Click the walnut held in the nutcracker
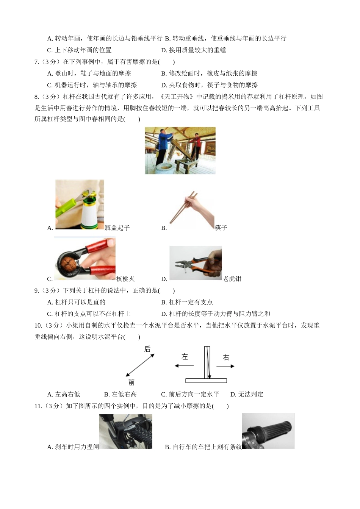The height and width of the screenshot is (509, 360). (x=68, y=264)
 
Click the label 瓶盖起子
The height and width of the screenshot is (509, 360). (x=117, y=228)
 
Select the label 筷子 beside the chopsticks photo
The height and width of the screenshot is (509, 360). (x=221, y=228)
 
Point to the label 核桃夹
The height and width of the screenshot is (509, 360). (x=125, y=279)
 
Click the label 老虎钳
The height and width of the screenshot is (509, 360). (x=232, y=279)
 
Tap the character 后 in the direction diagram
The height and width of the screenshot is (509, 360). (x=147, y=349)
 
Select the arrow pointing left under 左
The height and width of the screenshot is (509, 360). (x=184, y=366)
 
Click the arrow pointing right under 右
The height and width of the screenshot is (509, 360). (x=225, y=366)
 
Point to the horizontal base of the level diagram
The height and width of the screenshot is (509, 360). (x=206, y=381)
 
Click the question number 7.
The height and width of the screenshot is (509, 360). (x=37, y=62)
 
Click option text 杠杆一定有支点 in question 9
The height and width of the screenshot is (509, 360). (x=191, y=302)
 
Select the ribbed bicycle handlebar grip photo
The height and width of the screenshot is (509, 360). (x=268, y=431)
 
